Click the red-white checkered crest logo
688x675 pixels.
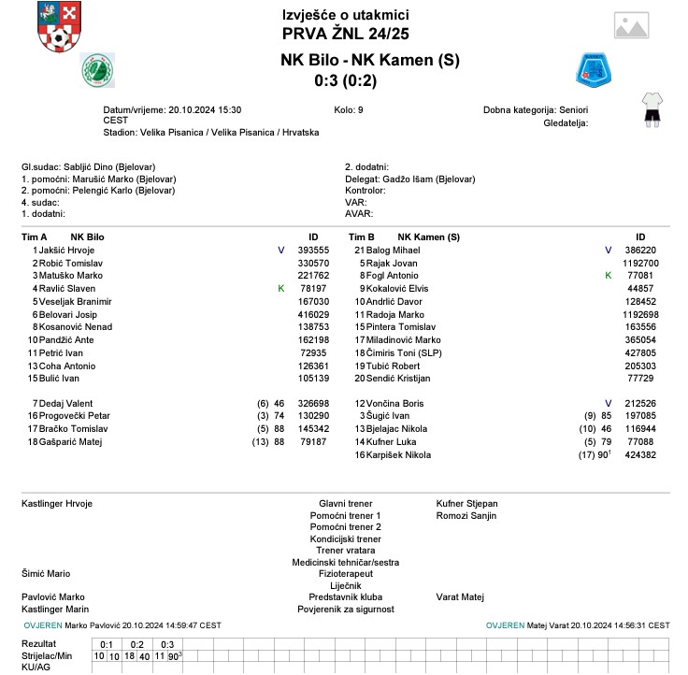coord(58,29)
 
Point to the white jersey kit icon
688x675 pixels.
coord(652,108)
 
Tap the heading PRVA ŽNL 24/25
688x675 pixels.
coord(345,34)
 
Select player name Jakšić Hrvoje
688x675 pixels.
coord(66,251)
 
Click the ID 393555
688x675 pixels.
coord(313,251)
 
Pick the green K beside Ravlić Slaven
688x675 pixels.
coord(280,289)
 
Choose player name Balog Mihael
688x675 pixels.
coord(393,251)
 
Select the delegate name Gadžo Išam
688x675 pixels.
coord(408,179)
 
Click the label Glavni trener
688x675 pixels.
coord(345,504)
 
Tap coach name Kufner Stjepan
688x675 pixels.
coord(467,504)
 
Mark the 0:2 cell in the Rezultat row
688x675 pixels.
coord(136,644)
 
